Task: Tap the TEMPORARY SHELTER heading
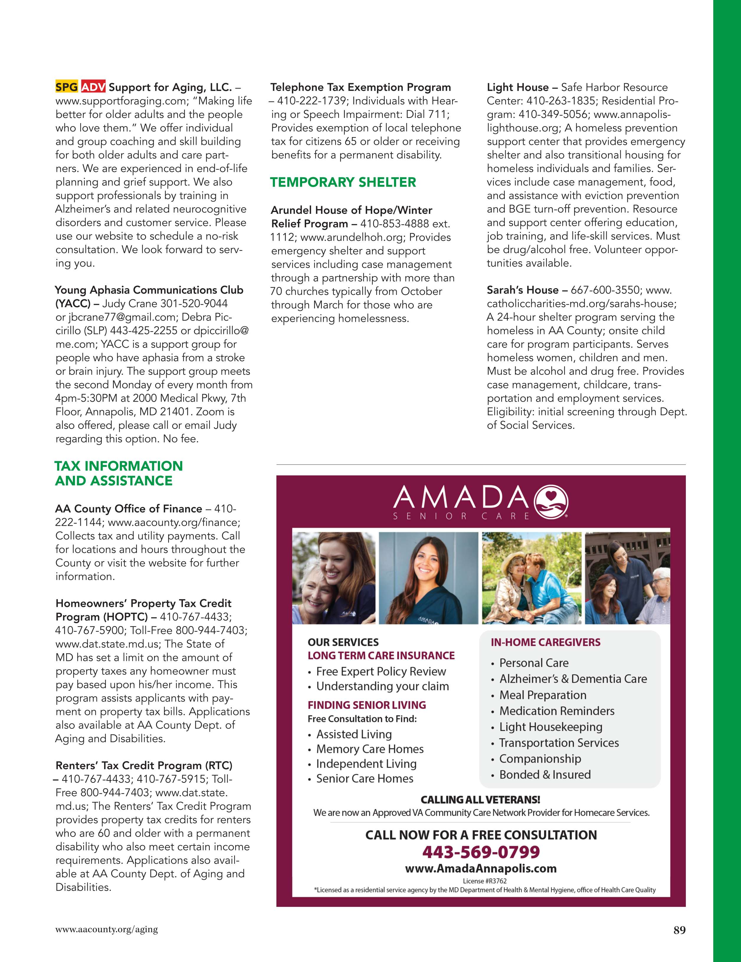(343, 182)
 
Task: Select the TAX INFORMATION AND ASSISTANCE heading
(119, 473)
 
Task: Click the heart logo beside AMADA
(551, 502)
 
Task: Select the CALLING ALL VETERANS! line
(480, 800)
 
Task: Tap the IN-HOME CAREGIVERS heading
(545, 642)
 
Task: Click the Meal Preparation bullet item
(543, 695)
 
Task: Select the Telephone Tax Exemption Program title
(360, 87)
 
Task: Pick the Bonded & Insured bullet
(545, 774)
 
